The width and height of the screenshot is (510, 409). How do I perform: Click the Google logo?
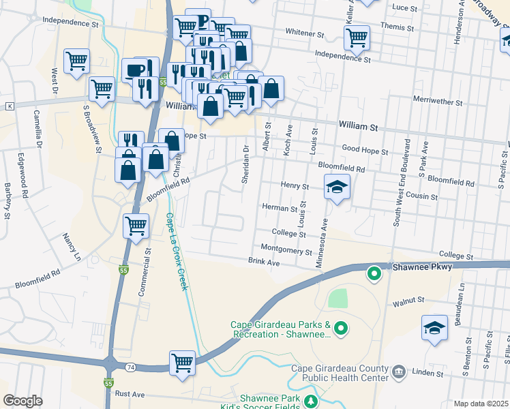22,401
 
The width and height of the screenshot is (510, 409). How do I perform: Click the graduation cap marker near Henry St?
337,187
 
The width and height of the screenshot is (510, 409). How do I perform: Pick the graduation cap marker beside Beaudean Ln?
434,327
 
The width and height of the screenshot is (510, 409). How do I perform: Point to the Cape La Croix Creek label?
175,252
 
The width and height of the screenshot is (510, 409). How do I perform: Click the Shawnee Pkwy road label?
422,267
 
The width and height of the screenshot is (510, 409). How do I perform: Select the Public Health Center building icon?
399,372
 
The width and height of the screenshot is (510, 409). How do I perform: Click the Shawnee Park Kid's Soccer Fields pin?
311,401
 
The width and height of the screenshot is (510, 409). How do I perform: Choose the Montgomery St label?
285,250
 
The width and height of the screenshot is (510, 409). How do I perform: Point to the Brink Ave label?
264,262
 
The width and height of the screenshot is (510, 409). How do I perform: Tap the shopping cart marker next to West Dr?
77,60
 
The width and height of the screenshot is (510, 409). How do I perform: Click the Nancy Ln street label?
72,247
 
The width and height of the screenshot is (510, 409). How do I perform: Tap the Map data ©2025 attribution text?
481,404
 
